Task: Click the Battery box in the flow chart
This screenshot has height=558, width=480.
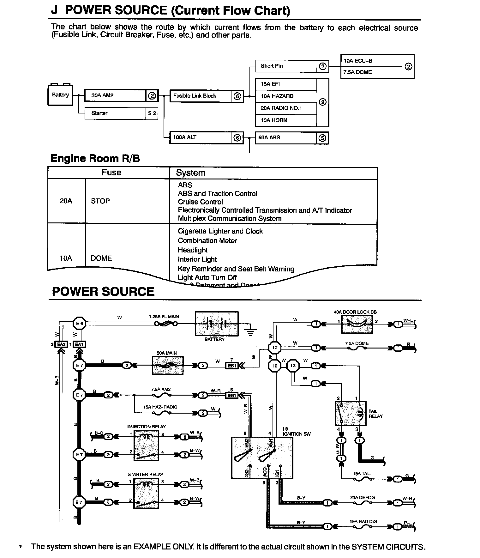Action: click(x=60, y=95)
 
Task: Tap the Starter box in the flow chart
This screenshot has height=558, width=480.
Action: click(x=115, y=113)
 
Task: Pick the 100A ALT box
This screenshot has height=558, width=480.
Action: click(x=201, y=137)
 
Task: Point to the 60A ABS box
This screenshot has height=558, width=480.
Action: click(x=285, y=138)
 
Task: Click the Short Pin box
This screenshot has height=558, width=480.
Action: click(x=286, y=66)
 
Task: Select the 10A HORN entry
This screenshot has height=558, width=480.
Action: click(x=286, y=120)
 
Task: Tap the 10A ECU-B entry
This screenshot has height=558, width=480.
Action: click(x=371, y=61)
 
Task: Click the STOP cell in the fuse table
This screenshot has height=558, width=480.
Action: click(x=100, y=201)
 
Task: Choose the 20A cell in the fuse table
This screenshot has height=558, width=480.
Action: click(x=66, y=201)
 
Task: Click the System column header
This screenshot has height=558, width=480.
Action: click(x=190, y=173)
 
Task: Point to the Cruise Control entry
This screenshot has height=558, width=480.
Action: click(x=200, y=202)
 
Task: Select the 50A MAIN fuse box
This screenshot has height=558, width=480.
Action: click(x=168, y=366)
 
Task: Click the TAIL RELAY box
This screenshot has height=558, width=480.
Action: click(x=350, y=413)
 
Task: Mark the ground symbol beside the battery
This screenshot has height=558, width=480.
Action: click(x=250, y=332)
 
